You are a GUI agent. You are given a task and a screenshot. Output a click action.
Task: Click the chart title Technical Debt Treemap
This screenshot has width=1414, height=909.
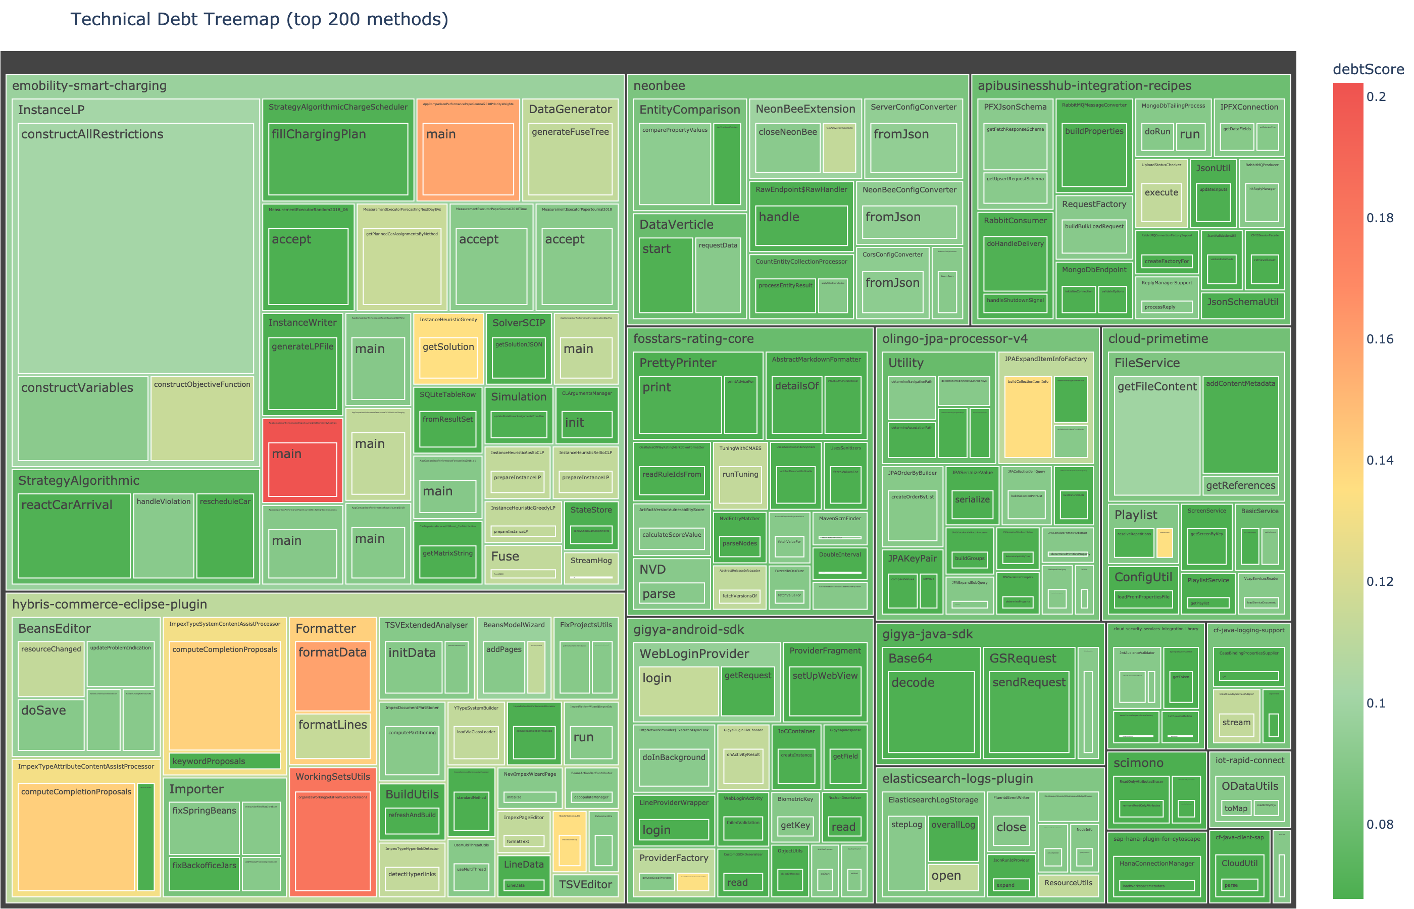[x=259, y=20]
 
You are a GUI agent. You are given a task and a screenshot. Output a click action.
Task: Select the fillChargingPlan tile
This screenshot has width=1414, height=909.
[x=337, y=160]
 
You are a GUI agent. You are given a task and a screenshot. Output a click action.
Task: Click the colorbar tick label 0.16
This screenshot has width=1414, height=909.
[x=1380, y=339]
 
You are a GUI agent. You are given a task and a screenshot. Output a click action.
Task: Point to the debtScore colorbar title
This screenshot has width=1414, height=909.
[x=1368, y=70]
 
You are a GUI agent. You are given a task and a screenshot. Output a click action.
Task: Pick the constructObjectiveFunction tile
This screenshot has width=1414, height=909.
[x=202, y=419]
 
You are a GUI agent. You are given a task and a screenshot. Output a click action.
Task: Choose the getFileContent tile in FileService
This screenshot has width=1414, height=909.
[x=1156, y=437]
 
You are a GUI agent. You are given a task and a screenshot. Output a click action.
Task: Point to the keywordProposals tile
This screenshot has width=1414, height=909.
[x=224, y=762]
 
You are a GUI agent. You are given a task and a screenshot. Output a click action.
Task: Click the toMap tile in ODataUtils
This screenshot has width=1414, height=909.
[x=1236, y=809]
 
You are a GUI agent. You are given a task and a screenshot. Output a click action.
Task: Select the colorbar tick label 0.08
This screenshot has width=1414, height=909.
[x=1380, y=825]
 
